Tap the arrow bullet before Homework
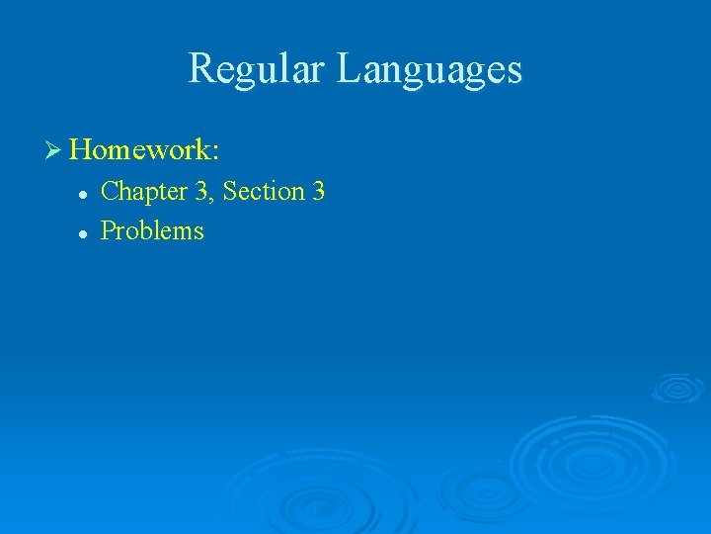[53, 150]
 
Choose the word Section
[264, 191]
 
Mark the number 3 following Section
[318, 191]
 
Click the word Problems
[153, 231]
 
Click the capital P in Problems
[109, 231]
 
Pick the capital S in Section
[230, 191]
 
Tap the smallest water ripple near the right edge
[676, 387]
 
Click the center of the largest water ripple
[591, 460]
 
